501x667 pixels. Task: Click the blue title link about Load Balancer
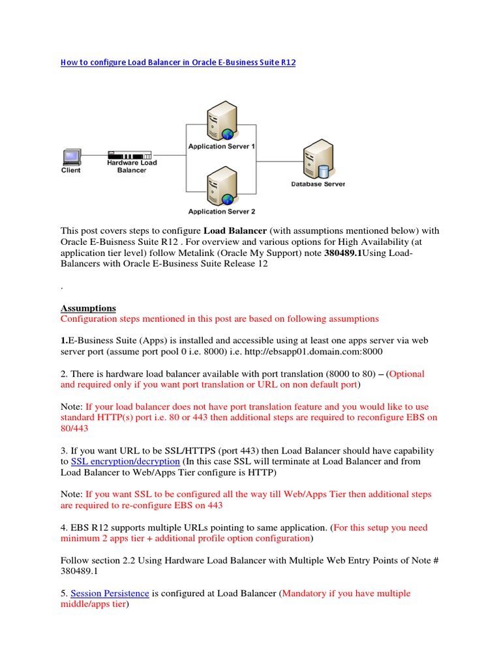pyautogui.click(x=178, y=63)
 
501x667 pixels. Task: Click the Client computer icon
pyautogui.click(x=71, y=157)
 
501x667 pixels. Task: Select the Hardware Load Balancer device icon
pyautogui.click(x=129, y=156)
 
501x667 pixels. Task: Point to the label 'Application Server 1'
pyautogui.click(x=222, y=147)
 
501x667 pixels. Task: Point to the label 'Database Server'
pyautogui.click(x=318, y=184)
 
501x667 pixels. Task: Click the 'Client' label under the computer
pyautogui.click(x=71, y=171)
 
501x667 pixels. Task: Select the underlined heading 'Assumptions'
pyautogui.click(x=88, y=308)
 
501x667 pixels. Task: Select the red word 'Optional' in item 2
pyautogui.click(x=406, y=374)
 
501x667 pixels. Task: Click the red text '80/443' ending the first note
pyautogui.click(x=75, y=429)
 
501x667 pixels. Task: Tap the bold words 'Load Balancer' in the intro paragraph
pyautogui.click(x=235, y=231)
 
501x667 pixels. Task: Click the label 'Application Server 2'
pyautogui.click(x=222, y=212)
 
